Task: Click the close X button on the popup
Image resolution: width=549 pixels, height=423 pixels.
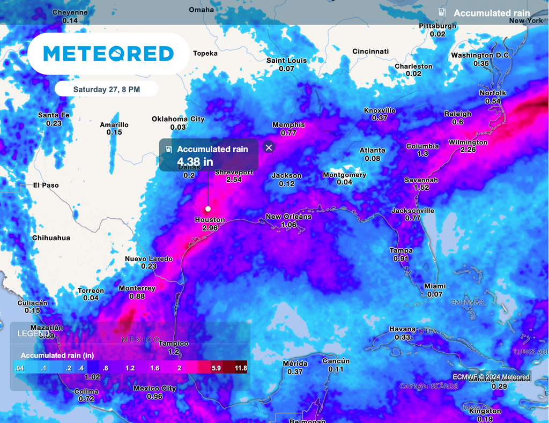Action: tap(269, 147)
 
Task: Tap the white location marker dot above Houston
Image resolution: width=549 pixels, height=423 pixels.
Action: tap(207, 209)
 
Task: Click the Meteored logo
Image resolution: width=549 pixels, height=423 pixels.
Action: tap(108, 54)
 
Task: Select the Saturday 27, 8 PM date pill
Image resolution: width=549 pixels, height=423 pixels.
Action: tap(106, 90)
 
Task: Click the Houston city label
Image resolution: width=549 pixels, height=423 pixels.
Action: tap(210, 220)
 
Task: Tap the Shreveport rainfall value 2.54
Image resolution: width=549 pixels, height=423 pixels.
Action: tap(234, 180)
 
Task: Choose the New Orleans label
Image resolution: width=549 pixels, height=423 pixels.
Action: tap(288, 217)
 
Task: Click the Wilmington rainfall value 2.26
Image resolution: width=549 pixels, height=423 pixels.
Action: tap(468, 150)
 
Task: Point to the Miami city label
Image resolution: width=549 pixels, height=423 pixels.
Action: tap(434, 286)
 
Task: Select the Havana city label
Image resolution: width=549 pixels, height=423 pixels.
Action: tap(402, 329)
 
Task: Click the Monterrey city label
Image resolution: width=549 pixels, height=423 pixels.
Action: tap(137, 288)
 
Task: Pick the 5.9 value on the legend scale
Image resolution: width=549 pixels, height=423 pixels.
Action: tap(217, 368)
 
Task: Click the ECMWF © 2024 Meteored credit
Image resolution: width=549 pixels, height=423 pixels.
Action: tap(491, 377)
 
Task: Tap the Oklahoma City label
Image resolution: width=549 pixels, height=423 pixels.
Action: tap(178, 119)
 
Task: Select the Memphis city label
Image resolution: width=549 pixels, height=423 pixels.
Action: tap(288, 125)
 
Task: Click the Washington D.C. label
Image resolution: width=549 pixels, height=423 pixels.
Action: tap(481, 56)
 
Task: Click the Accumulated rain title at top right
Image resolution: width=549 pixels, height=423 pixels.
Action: tap(492, 13)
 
